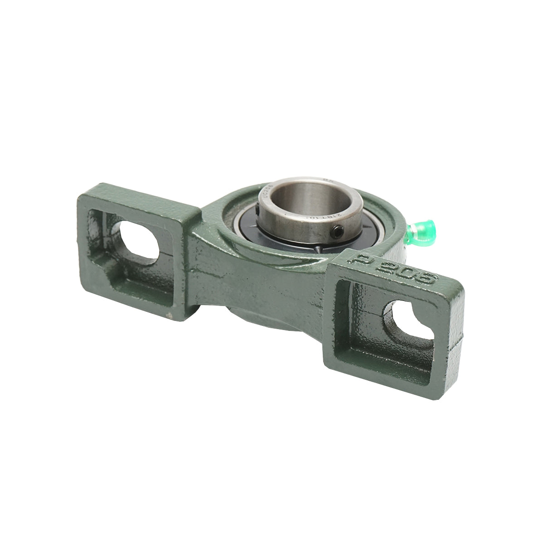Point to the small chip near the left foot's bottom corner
tap(169, 314)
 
